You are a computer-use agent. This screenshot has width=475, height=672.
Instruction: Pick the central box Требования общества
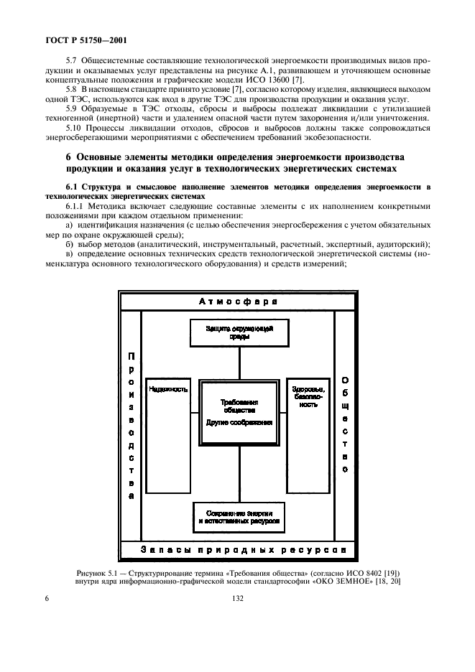click(x=239, y=413)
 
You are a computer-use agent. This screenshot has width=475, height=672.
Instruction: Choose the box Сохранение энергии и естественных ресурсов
click(x=239, y=517)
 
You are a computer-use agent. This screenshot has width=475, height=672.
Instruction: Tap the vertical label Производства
click(x=130, y=425)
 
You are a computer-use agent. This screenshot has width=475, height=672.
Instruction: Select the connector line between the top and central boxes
click(x=239, y=363)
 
